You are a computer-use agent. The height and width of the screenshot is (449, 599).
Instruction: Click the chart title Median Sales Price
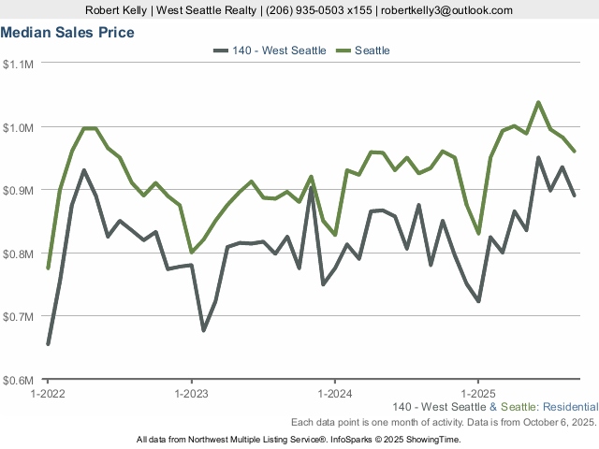click(x=67, y=33)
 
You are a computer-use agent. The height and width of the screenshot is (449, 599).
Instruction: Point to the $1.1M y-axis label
click(x=20, y=64)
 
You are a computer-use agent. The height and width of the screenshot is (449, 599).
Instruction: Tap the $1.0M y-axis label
click(x=20, y=127)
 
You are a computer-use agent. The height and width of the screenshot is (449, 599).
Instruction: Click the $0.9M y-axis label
click(x=20, y=190)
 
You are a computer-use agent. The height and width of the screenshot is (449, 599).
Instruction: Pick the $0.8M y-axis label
click(x=20, y=253)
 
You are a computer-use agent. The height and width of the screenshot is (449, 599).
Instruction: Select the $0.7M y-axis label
click(x=20, y=317)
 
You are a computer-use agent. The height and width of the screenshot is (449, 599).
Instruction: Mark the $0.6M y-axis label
click(x=20, y=381)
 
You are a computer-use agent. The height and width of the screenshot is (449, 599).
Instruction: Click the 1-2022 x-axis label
click(x=48, y=394)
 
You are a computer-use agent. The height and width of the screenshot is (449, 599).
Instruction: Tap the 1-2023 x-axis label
click(x=191, y=394)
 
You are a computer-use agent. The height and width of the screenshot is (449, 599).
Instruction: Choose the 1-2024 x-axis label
click(x=335, y=394)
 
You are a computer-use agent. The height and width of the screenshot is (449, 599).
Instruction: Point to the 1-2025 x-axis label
click(x=478, y=394)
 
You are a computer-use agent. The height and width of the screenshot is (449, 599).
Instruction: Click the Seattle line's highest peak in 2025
click(x=538, y=102)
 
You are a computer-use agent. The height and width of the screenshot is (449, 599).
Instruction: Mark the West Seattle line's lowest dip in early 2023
click(x=203, y=330)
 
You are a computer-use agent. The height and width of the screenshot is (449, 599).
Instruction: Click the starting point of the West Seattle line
click(x=48, y=344)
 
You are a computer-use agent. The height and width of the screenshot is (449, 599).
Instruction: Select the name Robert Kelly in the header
click(x=115, y=10)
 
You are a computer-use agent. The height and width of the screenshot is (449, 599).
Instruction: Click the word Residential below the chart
click(x=568, y=407)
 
